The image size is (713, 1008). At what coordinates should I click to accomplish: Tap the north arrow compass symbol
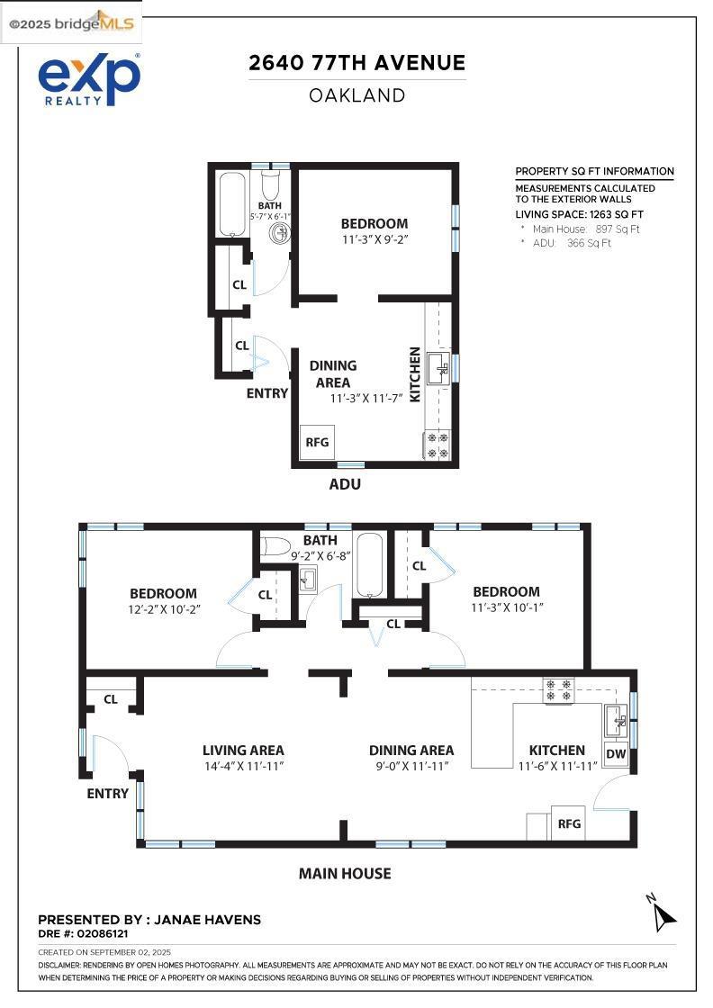coord(663,913)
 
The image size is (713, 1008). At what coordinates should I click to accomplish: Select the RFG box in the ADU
coord(317,442)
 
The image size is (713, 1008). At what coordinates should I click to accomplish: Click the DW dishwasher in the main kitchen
coord(616,754)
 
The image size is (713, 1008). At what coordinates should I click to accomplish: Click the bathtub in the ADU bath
coord(232,203)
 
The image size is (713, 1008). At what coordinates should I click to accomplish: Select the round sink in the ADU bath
coord(280,233)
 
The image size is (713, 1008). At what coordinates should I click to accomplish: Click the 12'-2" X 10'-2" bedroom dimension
coord(165,609)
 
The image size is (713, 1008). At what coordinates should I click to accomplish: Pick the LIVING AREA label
coord(243,751)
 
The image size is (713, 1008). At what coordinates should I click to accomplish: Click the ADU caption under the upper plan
coord(345,484)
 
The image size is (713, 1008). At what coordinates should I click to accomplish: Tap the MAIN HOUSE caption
coord(345,874)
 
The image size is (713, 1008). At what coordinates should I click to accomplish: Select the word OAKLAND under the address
coord(356,95)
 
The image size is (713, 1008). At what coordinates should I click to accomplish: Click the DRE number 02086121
coord(103,933)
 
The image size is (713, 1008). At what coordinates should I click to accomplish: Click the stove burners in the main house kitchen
coord(558,689)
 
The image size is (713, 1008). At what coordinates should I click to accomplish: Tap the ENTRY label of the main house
coord(107,794)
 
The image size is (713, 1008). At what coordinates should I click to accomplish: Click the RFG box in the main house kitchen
coord(568,823)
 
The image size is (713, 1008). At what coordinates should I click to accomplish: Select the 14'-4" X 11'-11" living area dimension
coord(244,766)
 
